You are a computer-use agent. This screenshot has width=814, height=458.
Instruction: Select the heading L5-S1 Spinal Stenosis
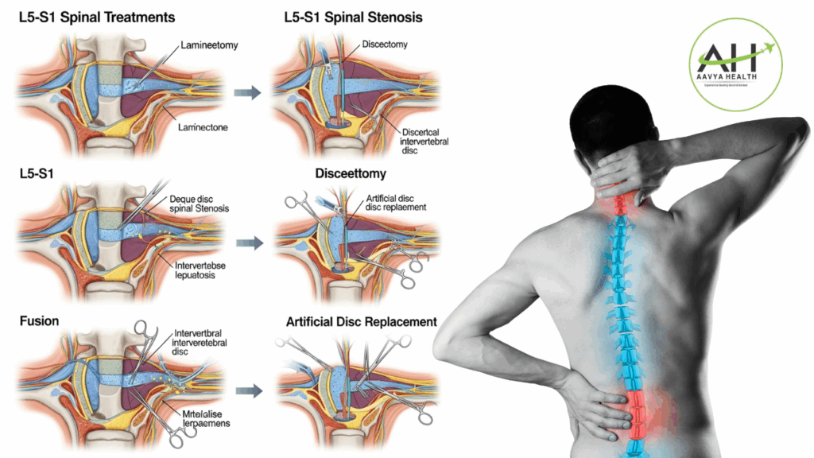[x=353, y=17]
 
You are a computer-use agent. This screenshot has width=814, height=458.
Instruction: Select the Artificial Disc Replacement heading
[x=361, y=322]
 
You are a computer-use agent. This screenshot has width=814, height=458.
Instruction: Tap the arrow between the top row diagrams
[x=246, y=93]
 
